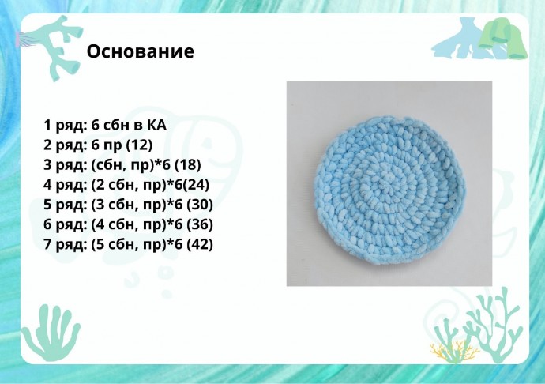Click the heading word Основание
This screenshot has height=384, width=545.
pyautogui.click(x=140, y=52)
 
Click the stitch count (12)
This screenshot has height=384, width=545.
pyautogui.click(x=139, y=145)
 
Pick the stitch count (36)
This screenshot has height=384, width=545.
pyautogui.click(x=200, y=224)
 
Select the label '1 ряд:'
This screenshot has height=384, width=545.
pyautogui.click(x=65, y=125)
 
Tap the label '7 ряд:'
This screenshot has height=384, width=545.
pyautogui.click(x=65, y=244)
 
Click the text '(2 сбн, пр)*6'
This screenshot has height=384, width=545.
pyautogui.click(x=136, y=185)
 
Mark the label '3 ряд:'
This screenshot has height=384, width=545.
pyautogui.click(x=66, y=165)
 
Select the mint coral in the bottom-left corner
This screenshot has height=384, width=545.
pyautogui.click(x=51, y=332)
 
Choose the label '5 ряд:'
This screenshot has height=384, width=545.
pyautogui.click(x=66, y=205)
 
